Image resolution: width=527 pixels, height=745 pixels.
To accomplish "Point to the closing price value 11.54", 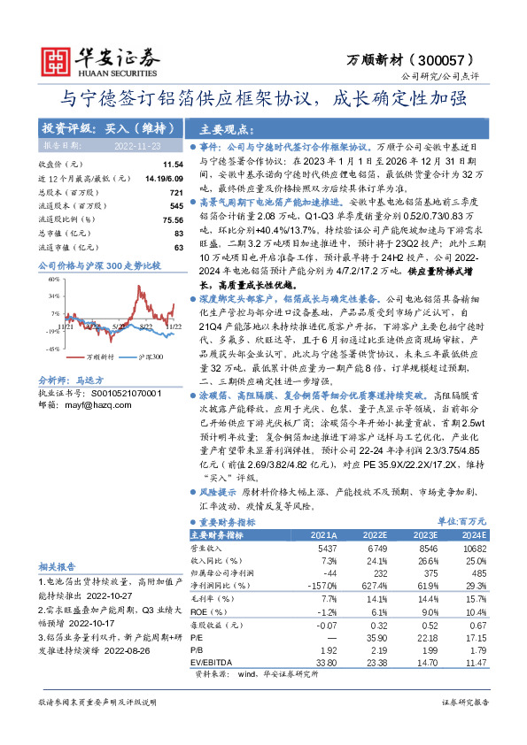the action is [x=172, y=165].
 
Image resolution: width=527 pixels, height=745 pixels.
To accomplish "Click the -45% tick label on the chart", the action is [x=53, y=349].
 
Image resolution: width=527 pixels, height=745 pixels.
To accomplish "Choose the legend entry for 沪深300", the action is [x=150, y=357].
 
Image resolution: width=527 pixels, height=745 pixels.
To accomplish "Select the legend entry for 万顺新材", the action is [x=96, y=357].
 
